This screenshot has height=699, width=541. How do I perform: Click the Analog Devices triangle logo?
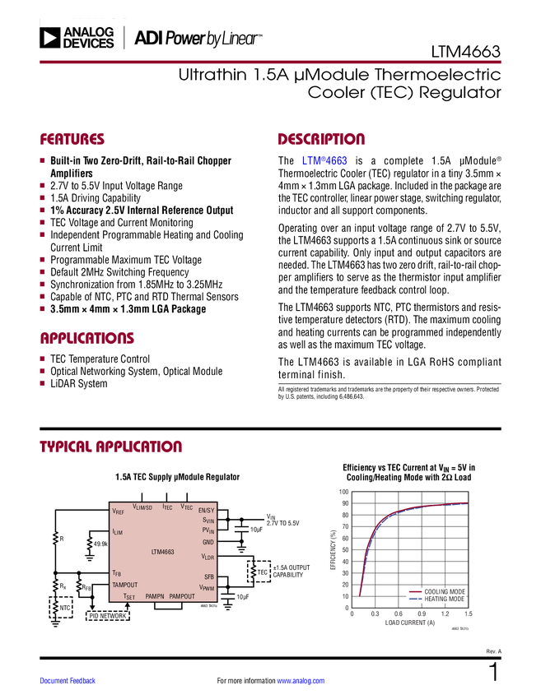tap(50, 38)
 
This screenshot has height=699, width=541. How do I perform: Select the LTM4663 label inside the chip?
tap(163, 552)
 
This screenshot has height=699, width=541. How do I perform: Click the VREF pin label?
tap(119, 512)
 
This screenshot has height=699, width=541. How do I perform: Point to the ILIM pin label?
tap(117, 532)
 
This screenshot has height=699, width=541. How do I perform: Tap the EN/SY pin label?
tap(206, 511)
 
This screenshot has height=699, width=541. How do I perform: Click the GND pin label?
tap(208, 542)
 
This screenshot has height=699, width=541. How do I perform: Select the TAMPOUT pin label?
tap(125, 585)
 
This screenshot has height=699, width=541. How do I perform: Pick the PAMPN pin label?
tap(155, 596)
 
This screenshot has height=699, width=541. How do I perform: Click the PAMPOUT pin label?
tap(182, 596)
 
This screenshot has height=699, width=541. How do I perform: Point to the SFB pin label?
tap(209, 576)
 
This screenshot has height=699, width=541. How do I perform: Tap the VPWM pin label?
tap(207, 587)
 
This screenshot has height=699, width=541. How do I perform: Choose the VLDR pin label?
tap(208, 557)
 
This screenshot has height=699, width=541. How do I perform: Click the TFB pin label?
tap(117, 572)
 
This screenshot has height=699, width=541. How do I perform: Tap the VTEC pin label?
tap(187, 507)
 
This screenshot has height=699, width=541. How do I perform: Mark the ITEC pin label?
tap(167, 507)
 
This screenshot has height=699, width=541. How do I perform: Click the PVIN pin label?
tap(208, 530)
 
